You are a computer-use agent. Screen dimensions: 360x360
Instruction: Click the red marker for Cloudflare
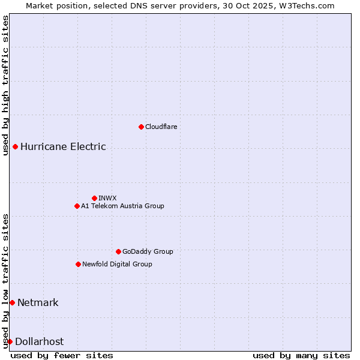point(141,127)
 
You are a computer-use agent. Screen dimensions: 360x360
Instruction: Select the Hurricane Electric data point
point(15,146)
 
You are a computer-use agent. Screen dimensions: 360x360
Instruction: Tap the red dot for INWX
point(94,198)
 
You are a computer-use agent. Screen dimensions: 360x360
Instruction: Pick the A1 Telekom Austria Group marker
point(77,206)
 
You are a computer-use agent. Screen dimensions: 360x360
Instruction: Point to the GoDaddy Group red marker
point(118,251)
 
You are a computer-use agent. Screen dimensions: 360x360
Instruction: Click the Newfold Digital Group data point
point(78,264)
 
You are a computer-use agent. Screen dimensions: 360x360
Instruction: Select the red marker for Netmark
point(12,302)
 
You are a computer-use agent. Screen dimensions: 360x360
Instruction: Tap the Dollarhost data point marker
point(10,341)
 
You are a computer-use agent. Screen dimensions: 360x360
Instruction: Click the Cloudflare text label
point(161,127)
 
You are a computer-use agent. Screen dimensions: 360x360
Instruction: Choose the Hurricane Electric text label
point(63,146)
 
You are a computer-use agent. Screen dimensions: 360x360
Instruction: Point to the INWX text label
point(107,198)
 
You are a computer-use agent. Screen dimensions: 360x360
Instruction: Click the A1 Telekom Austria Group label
point(122,206)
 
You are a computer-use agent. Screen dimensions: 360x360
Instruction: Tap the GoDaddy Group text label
point(148,251)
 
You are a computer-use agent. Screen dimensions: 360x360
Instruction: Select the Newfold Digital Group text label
point(117,264)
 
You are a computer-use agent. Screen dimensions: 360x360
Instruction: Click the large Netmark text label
point(38,302)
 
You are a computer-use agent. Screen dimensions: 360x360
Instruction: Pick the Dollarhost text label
point(39,341)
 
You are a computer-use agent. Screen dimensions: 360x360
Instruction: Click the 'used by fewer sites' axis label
point(62,355)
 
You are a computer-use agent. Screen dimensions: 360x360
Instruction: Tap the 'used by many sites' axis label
point(301,355)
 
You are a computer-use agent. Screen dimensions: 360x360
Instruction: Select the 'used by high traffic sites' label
point(6,85)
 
